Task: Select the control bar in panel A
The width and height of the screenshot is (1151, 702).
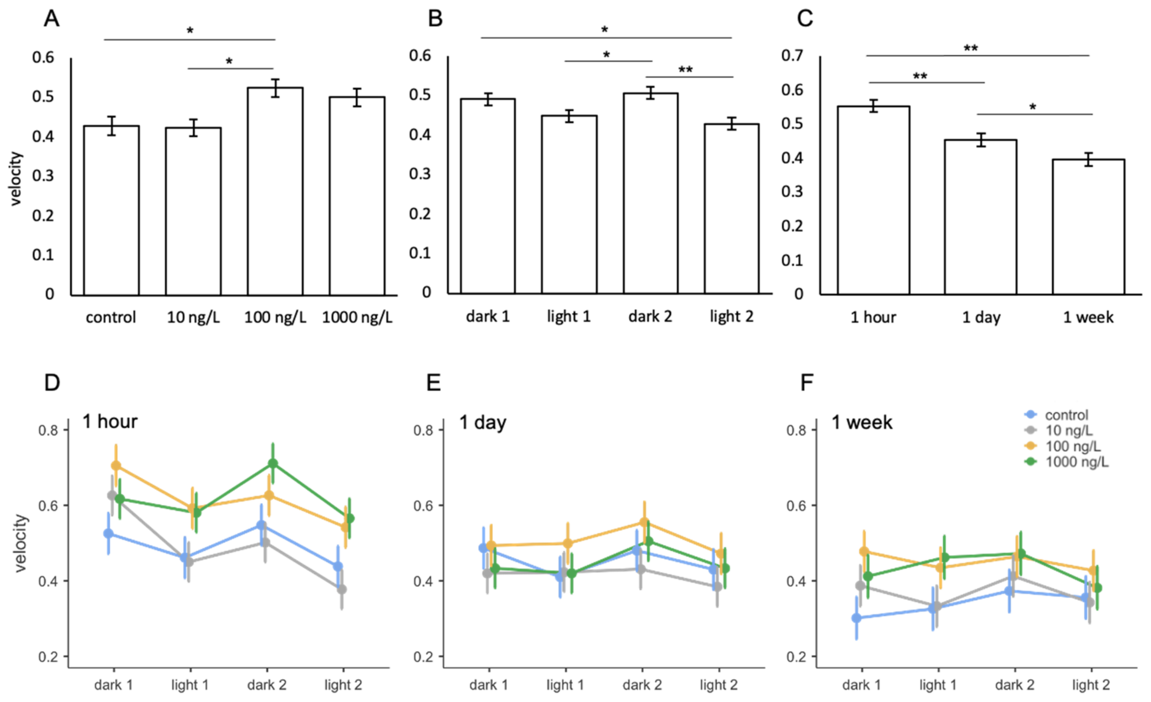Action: click(x=111, y=210)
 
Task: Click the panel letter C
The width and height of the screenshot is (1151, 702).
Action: click(x=804, y=19)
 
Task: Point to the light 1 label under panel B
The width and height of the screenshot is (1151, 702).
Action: click(x=569, y=317)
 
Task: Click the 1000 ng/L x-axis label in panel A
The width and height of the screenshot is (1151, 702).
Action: click(x=357, y=318)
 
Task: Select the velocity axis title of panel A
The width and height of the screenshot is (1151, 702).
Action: click(x=16, y=178)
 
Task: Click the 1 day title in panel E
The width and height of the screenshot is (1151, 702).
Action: click(x=483, y=422)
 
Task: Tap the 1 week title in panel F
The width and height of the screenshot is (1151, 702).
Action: click(x=862, y=422)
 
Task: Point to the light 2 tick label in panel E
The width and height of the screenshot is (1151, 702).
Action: click(x=718, y=685)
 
